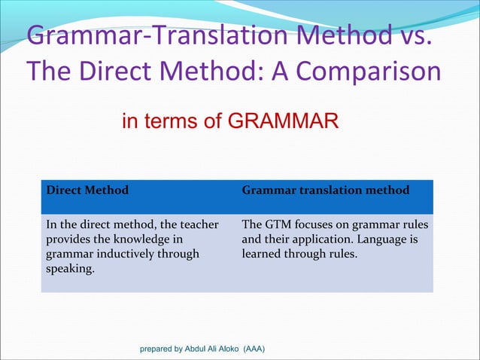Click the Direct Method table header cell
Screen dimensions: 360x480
[87, 191]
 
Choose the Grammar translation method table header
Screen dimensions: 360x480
[325, 191]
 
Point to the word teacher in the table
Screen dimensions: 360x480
[199, 225]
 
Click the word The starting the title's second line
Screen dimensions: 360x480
[50, 72]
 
